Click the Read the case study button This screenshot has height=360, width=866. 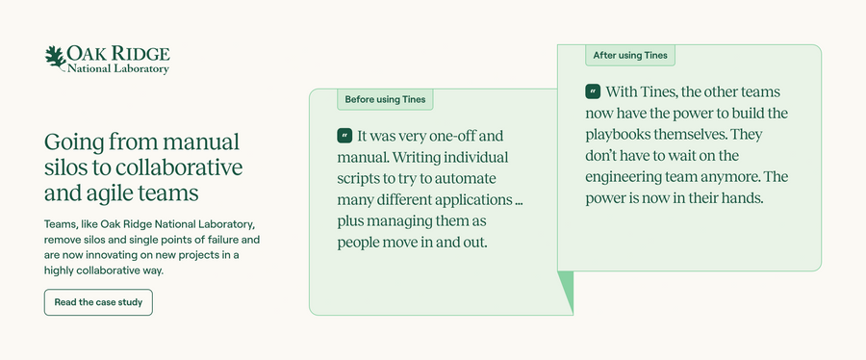coord(98,302)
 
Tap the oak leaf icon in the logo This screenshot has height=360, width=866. coord(55,57)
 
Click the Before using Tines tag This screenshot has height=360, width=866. coord(386,99)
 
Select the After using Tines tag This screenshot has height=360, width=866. coord(630,55)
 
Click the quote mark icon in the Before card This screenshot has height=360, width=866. coord(344,137)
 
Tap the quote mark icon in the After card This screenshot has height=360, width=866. coord(593,92)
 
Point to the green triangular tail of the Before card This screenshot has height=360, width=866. coord(566,292)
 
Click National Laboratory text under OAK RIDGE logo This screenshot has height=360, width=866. coord(117,69)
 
